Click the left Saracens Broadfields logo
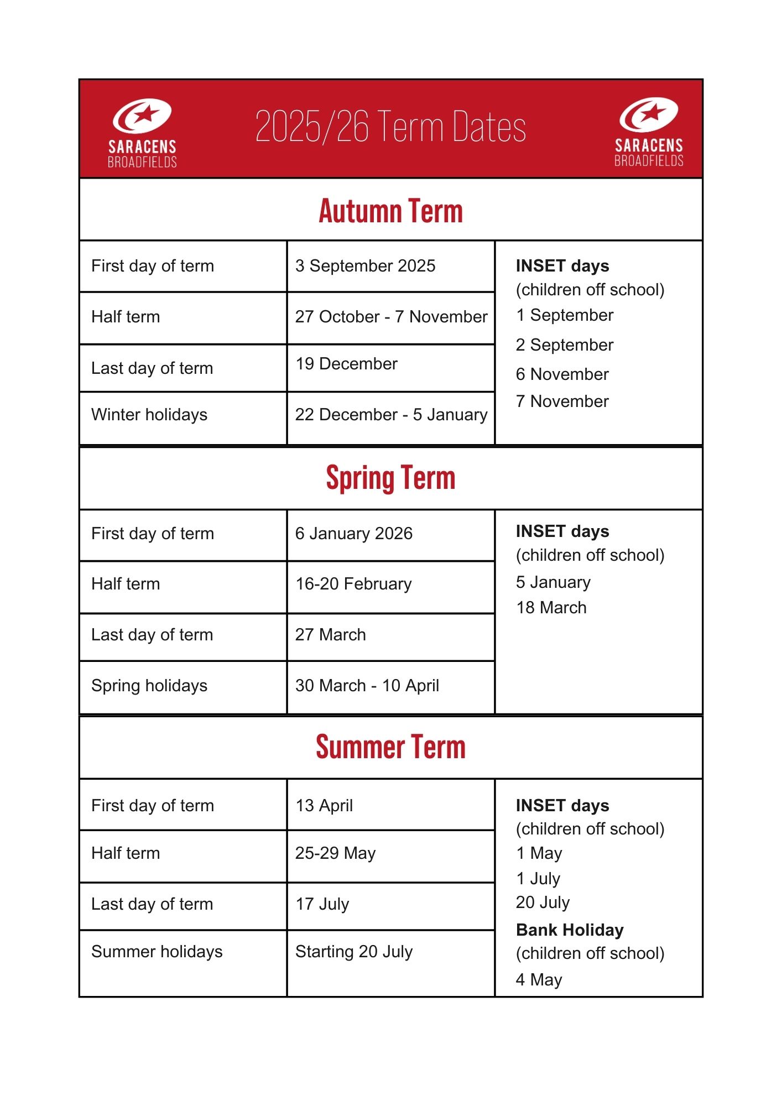(x=142, y=133)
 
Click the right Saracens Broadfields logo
(x=649, y=132)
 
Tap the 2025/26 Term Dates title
(x=390, y=127)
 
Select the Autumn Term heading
(x=390, y=211)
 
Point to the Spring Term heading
(x=390, y=478)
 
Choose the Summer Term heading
(x=390, y=747)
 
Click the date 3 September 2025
(x=365, y=266)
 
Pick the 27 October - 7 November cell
(x=391, y=317)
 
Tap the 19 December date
(x=346, y=364)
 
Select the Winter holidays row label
(x=149, y=415)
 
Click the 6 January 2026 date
(x=354, y=534)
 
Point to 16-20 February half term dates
(x=353, y=584)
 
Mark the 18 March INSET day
(x=551, y=608)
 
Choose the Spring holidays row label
(x=149, y=686)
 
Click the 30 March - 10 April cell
(x=367, y=686)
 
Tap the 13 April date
(x=324, y=806)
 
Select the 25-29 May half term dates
(x=335, y=853)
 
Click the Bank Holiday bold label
(x=570, y=930)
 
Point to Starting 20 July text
(x=354, y=952)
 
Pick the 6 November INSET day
(x=562, y=374)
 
